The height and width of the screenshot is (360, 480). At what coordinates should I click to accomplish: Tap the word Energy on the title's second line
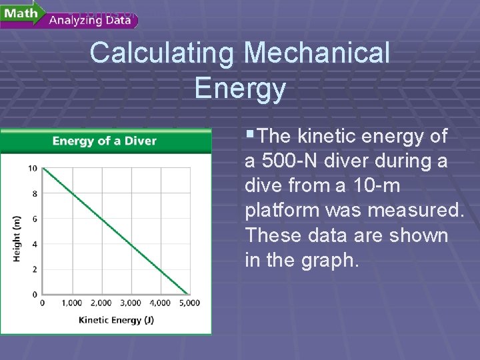(x=240, y=88)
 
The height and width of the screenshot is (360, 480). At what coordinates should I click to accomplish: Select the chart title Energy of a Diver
(x=105, y=141)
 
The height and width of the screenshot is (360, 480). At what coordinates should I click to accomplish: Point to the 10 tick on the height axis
(x=33, y=168)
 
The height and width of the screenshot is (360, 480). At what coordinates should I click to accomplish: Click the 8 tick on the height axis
(x=35, y=193)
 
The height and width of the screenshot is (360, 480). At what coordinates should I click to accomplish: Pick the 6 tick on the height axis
(x=35, y=219)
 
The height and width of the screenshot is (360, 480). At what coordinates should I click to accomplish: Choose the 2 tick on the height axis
(x=35, y=269)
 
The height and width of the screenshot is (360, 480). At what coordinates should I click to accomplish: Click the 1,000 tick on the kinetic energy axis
(x=71, y=303)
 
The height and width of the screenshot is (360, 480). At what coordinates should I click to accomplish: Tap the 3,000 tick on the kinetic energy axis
(x=131, y=303)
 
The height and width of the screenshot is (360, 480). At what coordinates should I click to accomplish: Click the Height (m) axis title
(x=17, y=238)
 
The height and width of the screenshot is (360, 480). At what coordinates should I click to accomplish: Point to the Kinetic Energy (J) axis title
(x=116, y=320)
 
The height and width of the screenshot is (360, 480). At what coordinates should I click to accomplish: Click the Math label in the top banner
(x=21, y=13)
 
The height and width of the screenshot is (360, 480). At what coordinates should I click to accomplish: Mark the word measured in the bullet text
(x=415, y=211)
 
